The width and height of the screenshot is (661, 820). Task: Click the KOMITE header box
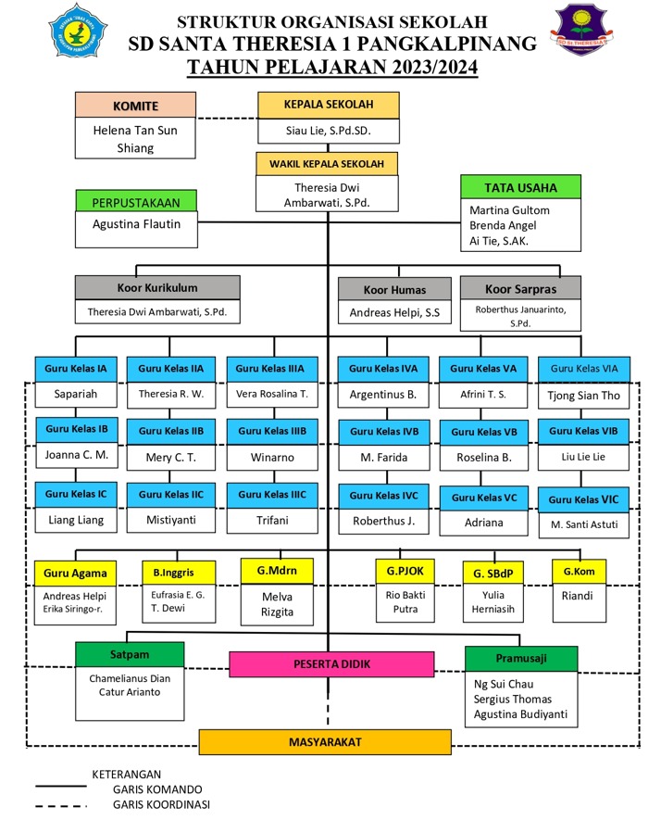point(135,106)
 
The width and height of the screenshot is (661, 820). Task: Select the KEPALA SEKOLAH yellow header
point(328,105)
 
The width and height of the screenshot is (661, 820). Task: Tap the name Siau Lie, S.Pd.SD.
point(328,132)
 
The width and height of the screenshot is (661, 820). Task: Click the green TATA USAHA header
point(520,187)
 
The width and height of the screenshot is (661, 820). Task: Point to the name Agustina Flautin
point(136,223)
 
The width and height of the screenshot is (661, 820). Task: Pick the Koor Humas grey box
point(393,288)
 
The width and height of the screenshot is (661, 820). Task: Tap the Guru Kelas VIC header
point(583,499)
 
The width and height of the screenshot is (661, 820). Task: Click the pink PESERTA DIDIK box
point(326,663)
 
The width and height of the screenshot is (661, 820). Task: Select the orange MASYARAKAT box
point(324,742)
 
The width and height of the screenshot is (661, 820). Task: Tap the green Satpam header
point(130,654)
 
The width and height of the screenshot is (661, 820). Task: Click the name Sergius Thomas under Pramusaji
point(511,699)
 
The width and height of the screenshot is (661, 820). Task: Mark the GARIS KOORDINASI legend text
point(161,804)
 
